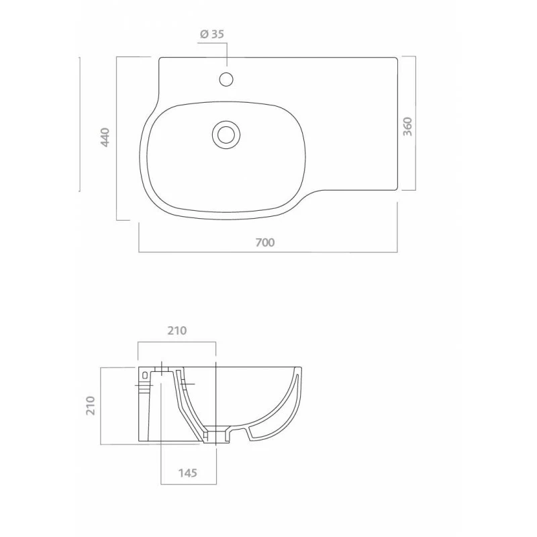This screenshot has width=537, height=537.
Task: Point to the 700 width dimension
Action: pos(265,242)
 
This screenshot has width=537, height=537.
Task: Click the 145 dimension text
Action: pos(187,473)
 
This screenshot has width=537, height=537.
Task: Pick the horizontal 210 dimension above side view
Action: pos(176,330)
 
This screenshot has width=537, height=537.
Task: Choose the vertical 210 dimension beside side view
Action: pos(91,405)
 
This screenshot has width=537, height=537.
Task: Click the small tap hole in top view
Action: pos(227,79)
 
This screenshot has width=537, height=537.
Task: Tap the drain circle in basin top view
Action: pos(226,134)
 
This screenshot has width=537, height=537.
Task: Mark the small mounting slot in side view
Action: pos(146,372)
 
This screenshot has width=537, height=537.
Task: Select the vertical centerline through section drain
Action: pos(215,403)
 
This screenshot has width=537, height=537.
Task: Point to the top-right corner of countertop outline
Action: pos(398,59)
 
